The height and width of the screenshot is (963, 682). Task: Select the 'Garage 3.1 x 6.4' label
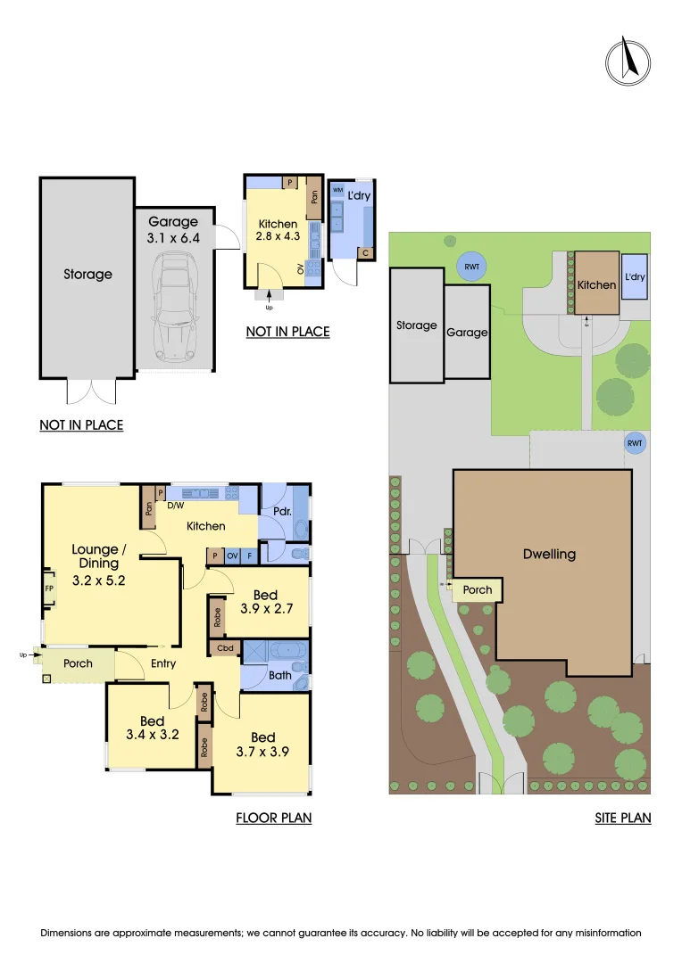pyautogui.click(x=173, y=230)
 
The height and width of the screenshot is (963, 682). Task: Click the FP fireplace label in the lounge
pyautogui.click(x=49, y=589)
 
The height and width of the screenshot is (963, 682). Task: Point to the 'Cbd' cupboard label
pyautogui.click(x=224, y=649)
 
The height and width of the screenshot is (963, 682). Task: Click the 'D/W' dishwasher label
pyautogui.click(x=175, y=506)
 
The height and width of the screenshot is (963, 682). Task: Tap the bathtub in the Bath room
pyautogui.click(x=273, y=649)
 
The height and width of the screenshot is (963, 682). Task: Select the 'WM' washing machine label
pyautogui.click(x=337, y=190)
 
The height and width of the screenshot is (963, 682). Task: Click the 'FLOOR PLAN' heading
pyautogui.click(x=273, y=817)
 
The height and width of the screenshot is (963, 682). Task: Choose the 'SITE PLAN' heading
pyautogui.click(x=622, y=817)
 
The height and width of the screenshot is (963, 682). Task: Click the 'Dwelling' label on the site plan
pyautogui.click(x=549, y=554)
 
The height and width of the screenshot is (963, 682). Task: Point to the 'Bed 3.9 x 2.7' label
pyautogui.click(x=265, y=603)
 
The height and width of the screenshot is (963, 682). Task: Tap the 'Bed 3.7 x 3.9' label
pyautogui.click(x=262, y=745)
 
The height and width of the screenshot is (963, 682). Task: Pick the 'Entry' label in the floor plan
pyautogui.click(x=163, y=663)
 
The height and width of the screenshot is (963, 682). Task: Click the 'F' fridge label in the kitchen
pyautogui.click(x=250, y=556)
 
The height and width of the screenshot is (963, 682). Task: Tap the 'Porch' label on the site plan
pyautogui.click(x=478, y=589)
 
